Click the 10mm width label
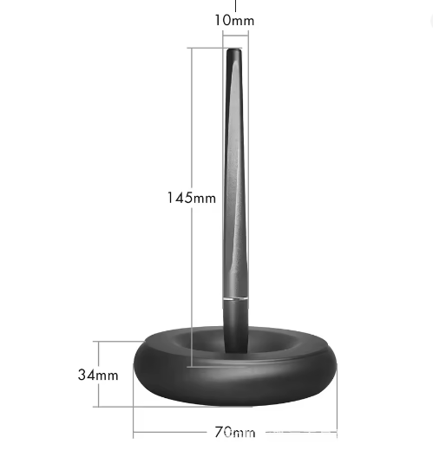(234, 21)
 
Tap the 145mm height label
(192, 198)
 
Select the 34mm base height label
(98, 375)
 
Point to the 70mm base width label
(234, 432)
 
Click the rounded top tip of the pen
(234, 51)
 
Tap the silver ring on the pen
(235, 299)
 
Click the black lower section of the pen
(236, 325)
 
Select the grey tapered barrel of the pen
(235, 178)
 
